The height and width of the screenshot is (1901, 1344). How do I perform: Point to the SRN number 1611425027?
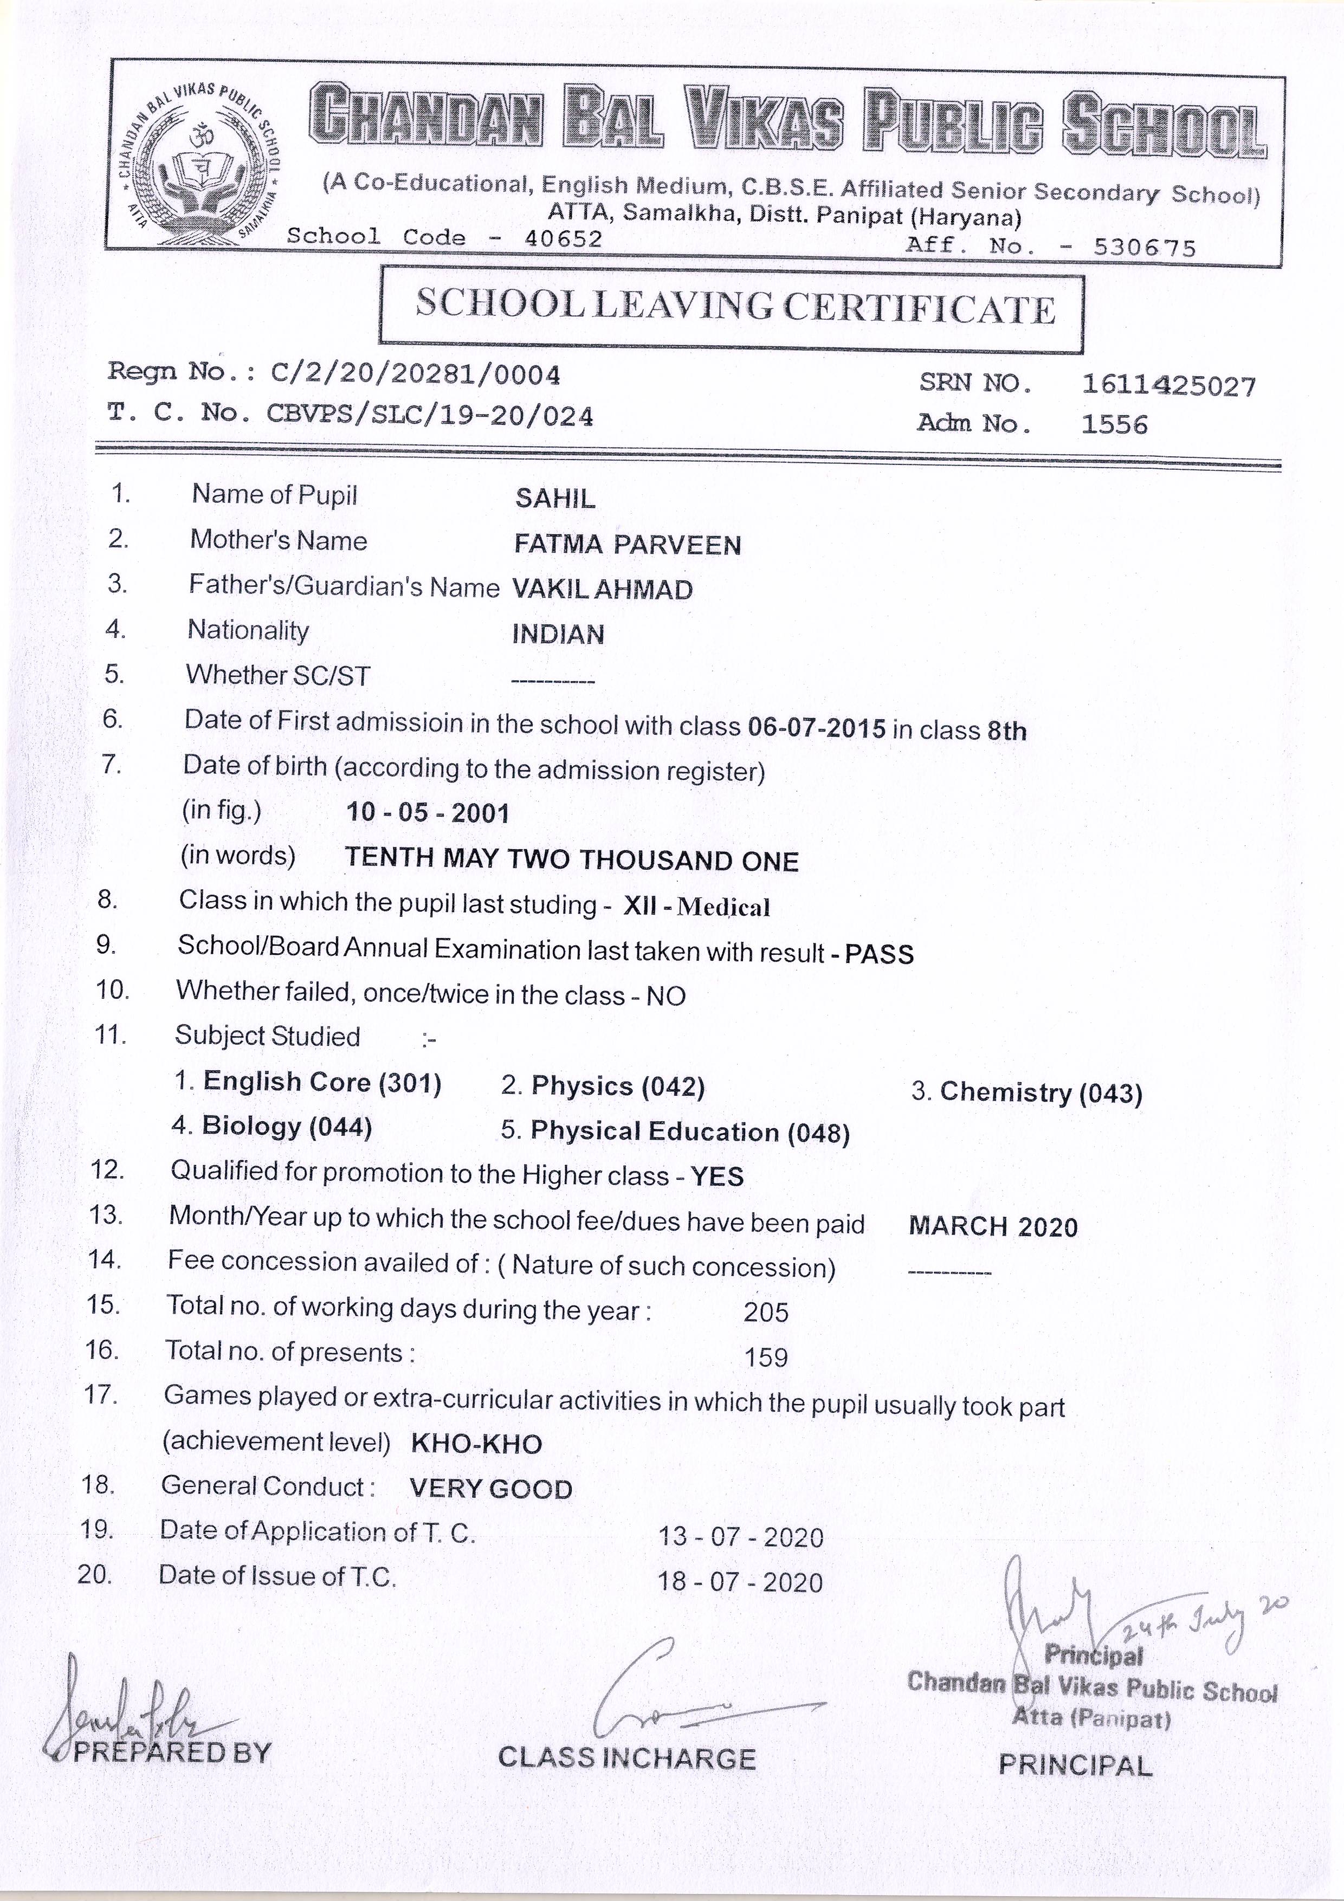pyautogui.click(x=1168, y=386)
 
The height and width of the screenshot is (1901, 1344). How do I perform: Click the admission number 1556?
pyautogui.click(x=1115, y=425)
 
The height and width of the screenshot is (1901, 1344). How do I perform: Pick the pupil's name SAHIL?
pyautogui.click(x=555, y=499)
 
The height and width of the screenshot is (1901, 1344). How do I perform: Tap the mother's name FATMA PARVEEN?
pyautogui.click(x=627, y=545)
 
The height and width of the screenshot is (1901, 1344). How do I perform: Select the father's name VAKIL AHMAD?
pyautogui.click(x=602, y=590)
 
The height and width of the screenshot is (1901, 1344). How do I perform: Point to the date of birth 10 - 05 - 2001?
pyautogui.click(x=427, y=812)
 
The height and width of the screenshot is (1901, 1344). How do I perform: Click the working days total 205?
pyautogui.click(x=766, y=1312)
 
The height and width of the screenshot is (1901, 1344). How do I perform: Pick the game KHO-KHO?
pyautogui.click(x=476, y=1444)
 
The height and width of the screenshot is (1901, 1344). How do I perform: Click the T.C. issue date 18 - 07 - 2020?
pyautogui.click(x=740, y=1582)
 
